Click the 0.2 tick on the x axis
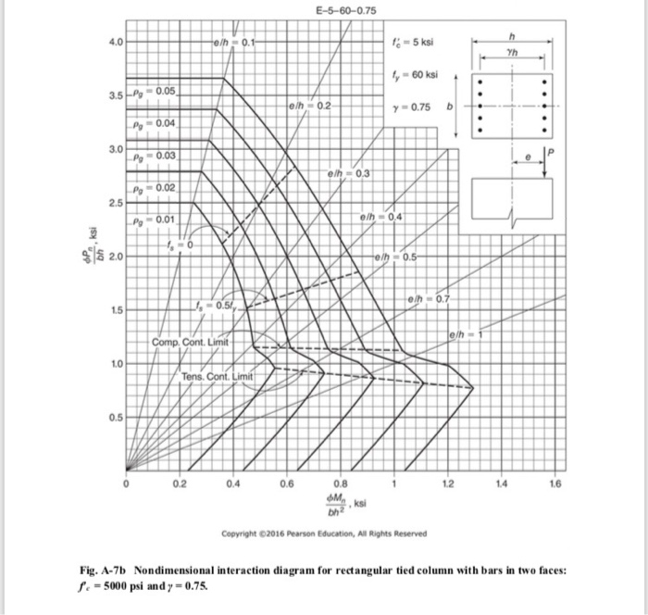pyautogui.click(x=181, y=484)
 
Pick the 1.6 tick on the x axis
pyautogui.click(x=553, y=484)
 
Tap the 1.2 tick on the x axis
pyautogui.click(x=447, y=484)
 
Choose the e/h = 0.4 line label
pyautogui.click(x=380, y=217)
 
